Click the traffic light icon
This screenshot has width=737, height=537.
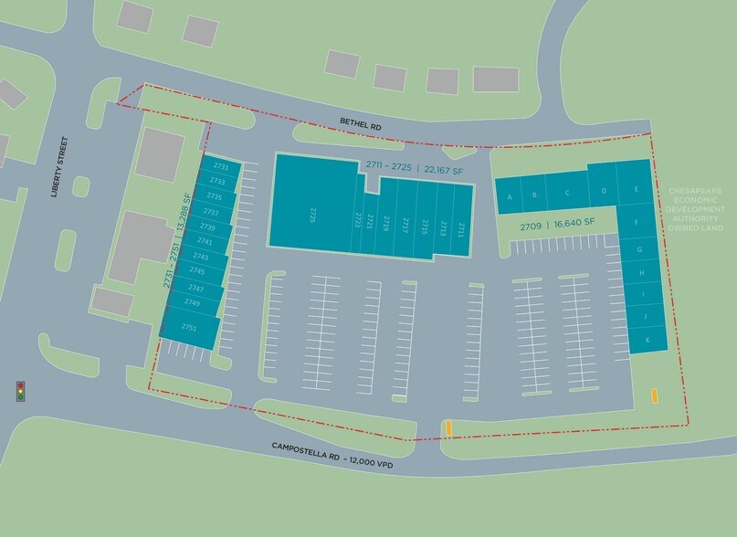point(20,391)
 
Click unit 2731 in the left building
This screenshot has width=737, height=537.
point(220,167)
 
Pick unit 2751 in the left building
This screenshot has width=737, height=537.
point(190,327)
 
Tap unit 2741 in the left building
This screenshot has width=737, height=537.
point(204,242)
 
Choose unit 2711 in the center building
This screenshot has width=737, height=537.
point(461,228)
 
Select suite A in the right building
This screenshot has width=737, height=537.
point(509,195)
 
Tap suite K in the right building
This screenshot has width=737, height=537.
point(647,340)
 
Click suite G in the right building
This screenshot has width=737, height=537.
point(640,249)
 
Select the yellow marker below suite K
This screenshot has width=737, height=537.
point(654,396)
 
